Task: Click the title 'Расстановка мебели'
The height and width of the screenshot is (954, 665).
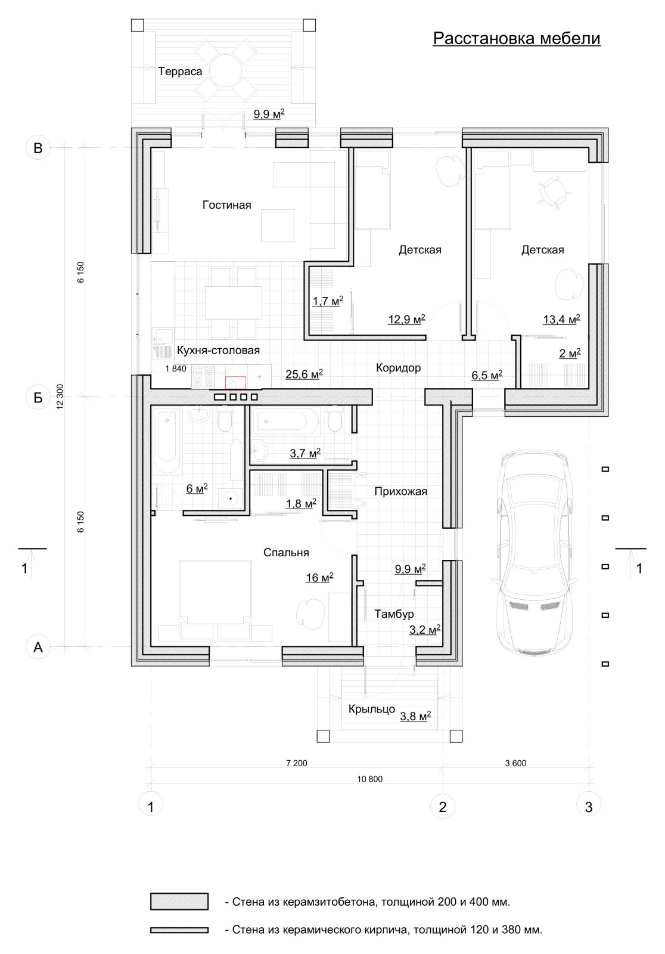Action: [x=517, y=38]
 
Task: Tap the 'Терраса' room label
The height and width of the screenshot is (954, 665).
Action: [x=180, y=72]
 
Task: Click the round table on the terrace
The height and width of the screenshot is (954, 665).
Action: [x=226, y=71]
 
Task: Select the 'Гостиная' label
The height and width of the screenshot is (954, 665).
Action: [x=226, y=205]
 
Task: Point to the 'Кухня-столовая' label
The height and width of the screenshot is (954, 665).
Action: [x=218, y=350]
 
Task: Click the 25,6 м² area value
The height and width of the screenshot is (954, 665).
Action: [x=304, y=373]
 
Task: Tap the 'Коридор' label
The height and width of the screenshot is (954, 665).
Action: [x=398, y=367]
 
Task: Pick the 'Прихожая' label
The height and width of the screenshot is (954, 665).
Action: [x=400, y=491]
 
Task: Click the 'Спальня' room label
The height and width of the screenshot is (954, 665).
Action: [x=286, y=552]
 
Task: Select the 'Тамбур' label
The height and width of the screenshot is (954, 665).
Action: [x=394, y=614]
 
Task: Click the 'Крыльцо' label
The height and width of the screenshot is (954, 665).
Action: [x=372, y=709]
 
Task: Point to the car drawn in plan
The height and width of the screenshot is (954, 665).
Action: [x=535, y=552]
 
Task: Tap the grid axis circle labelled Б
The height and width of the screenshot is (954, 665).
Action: [x=38, y=397]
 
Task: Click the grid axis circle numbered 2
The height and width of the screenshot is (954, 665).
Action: [x=443, y=806]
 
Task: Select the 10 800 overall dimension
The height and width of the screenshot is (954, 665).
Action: [x=369, y=779]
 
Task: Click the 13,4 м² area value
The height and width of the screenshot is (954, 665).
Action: [x=561, y=319]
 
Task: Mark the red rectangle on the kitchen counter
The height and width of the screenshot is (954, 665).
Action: [x=235, y=383]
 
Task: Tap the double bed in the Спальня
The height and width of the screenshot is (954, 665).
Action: [x=215, y=600]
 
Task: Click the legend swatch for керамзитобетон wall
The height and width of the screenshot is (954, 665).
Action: [x=179, y=901]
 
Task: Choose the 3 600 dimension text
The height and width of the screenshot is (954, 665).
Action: [x=515, y=763]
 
